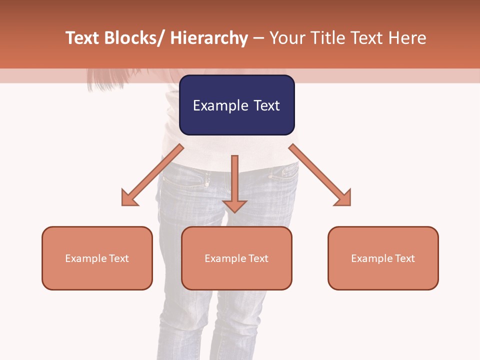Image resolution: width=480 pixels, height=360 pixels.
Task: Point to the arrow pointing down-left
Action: click(152, 175)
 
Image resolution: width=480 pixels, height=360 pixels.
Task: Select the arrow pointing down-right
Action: click(320, 175)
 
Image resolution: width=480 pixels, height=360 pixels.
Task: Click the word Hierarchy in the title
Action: click(208, 38)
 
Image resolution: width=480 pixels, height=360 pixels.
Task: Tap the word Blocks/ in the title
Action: click(135, 38)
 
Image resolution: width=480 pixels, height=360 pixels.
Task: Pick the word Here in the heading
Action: click(408, 38)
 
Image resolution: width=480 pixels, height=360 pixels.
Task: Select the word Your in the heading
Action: click(286, 38)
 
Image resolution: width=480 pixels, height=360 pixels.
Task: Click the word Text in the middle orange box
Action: click(258, 258)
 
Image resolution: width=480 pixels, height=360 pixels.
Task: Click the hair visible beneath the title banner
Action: click(100, 77)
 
